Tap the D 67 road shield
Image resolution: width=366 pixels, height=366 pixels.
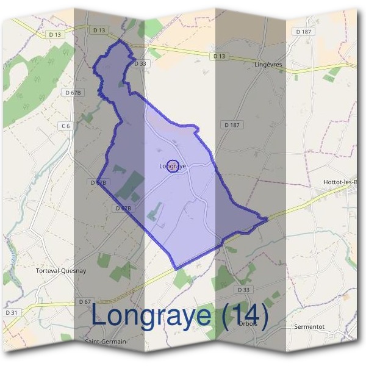pos(85,302)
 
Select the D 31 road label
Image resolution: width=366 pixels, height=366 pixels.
pos(12,312)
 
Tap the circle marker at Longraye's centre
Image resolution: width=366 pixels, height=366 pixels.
pos(173,166)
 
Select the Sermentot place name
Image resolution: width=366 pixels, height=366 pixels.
pos(310,326)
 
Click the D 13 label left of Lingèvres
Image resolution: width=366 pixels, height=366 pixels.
pos(220,56)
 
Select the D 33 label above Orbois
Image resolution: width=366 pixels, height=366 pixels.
pos(243,289)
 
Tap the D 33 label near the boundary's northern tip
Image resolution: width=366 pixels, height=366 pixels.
pos(140,63)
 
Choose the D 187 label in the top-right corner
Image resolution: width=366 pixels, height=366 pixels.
pos(303,31)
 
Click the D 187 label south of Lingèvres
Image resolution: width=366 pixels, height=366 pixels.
pos(231,124)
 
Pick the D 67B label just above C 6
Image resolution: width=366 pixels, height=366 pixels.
pos(73,92)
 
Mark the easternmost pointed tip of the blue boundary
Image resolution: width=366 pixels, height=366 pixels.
pos(268,218)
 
